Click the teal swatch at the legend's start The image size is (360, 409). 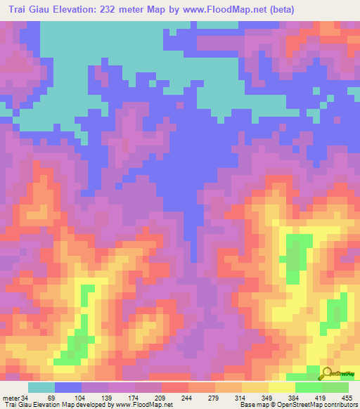pyautogui.click(x=41, y=387)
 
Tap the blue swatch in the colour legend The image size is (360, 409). pyautogui.click(x=68, y=387)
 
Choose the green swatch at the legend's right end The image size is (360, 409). pyautogui.click(x=335, y=387)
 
